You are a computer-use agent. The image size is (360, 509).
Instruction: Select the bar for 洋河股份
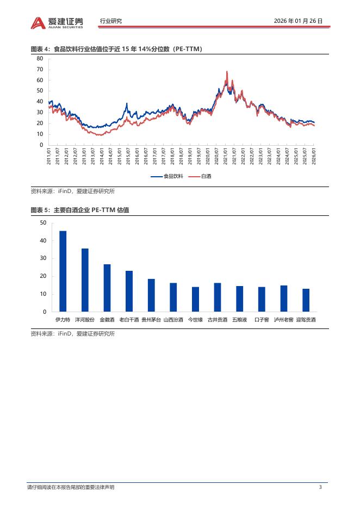click(x=85, y=280)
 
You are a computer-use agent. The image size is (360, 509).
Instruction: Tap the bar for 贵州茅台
click(x=151, y=295)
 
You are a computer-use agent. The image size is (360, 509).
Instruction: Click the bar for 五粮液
click(x=239, y=299)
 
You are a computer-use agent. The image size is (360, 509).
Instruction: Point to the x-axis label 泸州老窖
click(x=283, y=320)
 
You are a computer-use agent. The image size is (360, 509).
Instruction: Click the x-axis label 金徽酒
click(x=107, y=320)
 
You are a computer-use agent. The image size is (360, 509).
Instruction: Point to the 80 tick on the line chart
click(x=39, y=58)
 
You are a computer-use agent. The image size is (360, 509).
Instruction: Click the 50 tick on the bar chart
click(x=43, y=223)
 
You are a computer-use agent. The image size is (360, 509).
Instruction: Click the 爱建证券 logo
click(x=57, y=22)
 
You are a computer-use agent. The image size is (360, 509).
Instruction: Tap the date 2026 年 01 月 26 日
click(x=299, y=21)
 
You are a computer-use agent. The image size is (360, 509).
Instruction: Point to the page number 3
click(x=320, y=487)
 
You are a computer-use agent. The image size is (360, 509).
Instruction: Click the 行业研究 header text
click(x=111, y=21)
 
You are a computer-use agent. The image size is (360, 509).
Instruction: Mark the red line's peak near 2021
click(x=227, y=71)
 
